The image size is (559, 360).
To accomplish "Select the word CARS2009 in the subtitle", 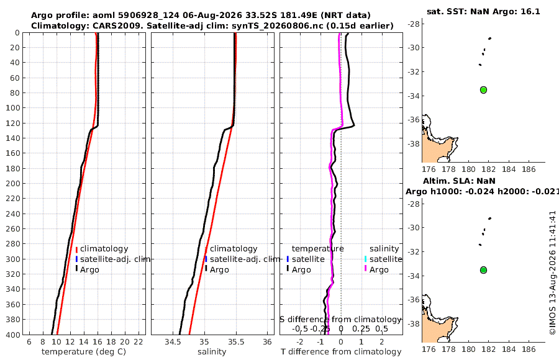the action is pos(117,26).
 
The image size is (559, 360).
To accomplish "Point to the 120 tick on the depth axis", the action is pos(13,123).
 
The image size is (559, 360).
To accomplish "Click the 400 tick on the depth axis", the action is pos(13,335).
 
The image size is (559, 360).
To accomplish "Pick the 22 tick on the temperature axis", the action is pos(139,342).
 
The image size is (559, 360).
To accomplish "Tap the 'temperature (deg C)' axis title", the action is pos(84,352).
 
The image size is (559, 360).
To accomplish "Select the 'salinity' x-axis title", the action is pos(212,352).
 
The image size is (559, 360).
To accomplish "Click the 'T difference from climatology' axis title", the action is pos(341,352).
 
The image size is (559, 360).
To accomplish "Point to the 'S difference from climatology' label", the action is pos(341,320).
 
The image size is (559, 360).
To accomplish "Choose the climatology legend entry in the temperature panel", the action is pos(104,249).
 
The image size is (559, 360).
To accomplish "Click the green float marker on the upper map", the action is pos(483,90).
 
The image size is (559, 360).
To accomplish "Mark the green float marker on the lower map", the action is pos(483,270).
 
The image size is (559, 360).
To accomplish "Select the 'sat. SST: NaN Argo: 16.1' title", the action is pos(483,11).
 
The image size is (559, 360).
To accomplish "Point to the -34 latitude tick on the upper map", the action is pos(414,96).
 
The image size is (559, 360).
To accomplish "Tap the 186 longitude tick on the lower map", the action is pos(529,349).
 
